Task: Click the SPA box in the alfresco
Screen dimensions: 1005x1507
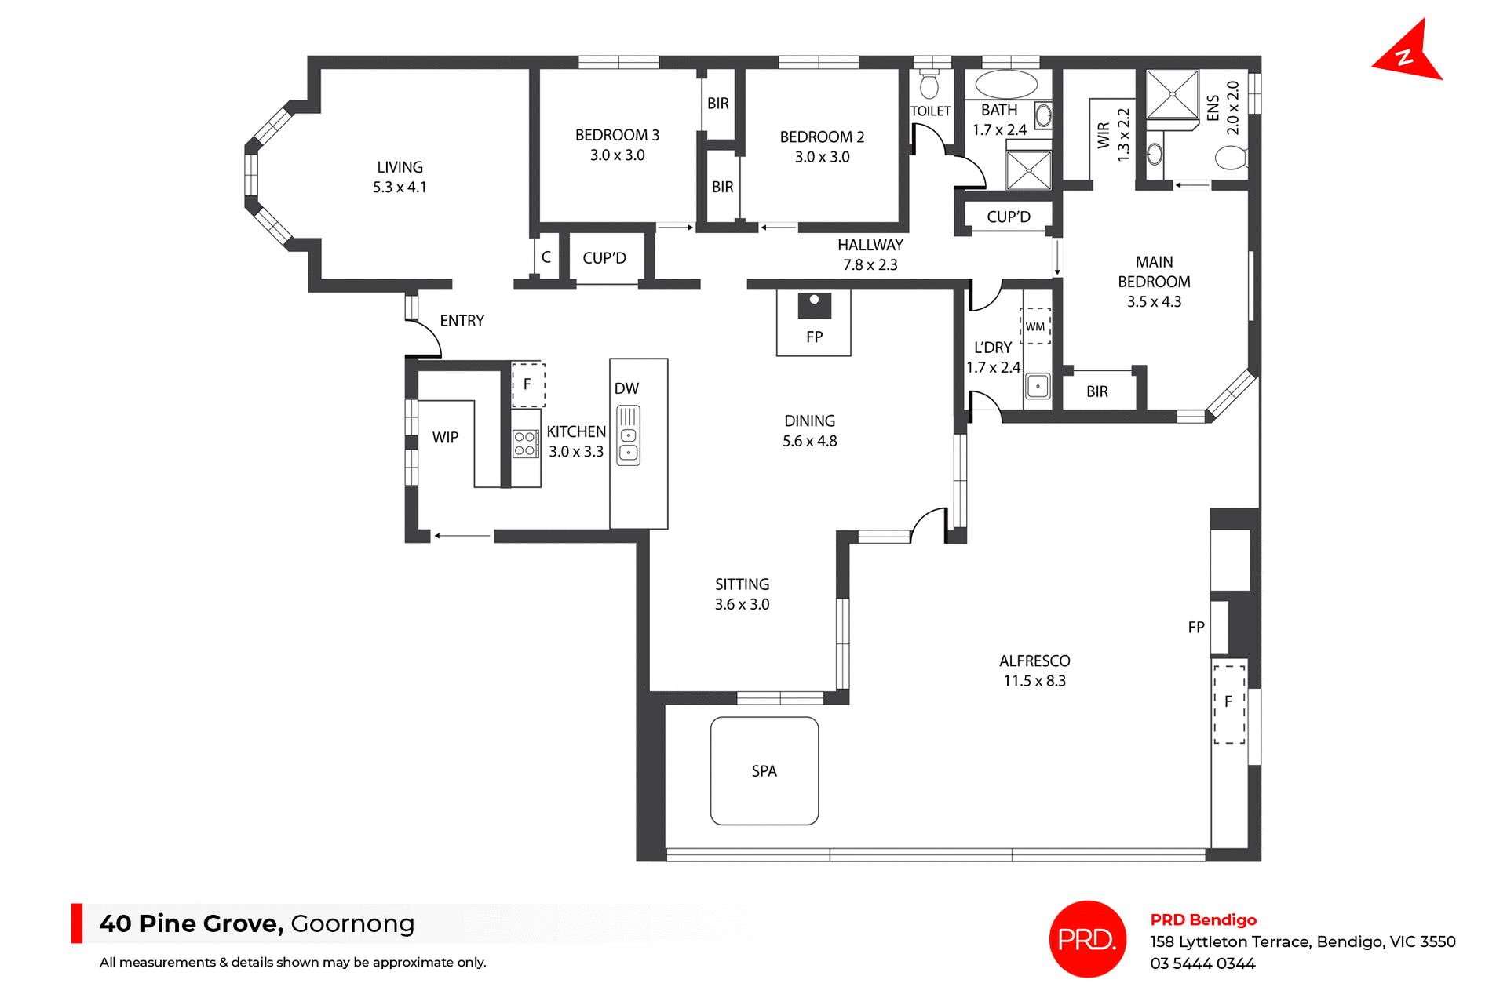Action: [x=764, y=770]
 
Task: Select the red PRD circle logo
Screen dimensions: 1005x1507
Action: [x=1087, y=938]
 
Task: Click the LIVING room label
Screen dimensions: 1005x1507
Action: [x=400, y=167]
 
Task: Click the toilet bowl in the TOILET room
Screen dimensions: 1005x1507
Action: [x=929, y=86]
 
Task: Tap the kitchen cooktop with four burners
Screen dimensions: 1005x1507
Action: [x=525, y=444]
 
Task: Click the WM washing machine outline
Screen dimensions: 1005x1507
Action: [x=1035, y=326]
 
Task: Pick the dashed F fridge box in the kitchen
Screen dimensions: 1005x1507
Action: [x=527, y=384]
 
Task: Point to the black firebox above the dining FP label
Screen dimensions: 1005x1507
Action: [x=814, y=305]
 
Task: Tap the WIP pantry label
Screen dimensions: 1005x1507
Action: [x=445, y=438]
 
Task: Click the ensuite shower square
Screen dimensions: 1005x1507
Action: [x=1172, y=94]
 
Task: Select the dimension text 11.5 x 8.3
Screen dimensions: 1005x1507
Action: [x=1034, y=681]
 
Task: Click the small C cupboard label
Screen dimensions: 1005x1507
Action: [x=546, y=257]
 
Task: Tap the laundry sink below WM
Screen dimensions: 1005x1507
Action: [x=1038, y=386]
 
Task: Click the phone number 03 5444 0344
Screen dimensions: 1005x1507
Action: [x=1202, y=963]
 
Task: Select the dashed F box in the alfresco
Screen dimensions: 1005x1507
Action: [x=1228, y=703]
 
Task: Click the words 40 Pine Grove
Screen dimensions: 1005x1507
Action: [x=191, y=923]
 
